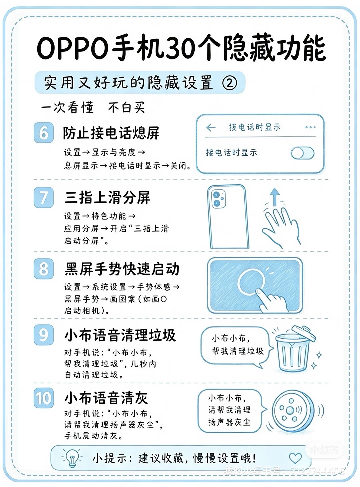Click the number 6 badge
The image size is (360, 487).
click(44, 133)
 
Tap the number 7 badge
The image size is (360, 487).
click(44, 197)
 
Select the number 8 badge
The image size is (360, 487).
click(44, 268)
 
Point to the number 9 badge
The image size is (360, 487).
click(44, 335)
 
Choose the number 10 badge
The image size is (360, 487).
click(44, 398)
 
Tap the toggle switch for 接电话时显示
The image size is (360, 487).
click(302, 153)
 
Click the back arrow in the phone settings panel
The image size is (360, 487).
click(211, 127)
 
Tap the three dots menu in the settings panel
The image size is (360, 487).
click(310, 127)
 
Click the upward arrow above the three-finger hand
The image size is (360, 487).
click(275, 197)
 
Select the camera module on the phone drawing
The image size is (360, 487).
click(218, 199)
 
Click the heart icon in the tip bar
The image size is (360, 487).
click(295, 458)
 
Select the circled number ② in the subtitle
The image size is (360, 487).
click(230, 83)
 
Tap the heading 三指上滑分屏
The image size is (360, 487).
click(107, 197)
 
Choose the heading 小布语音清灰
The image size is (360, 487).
click(106, 397)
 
